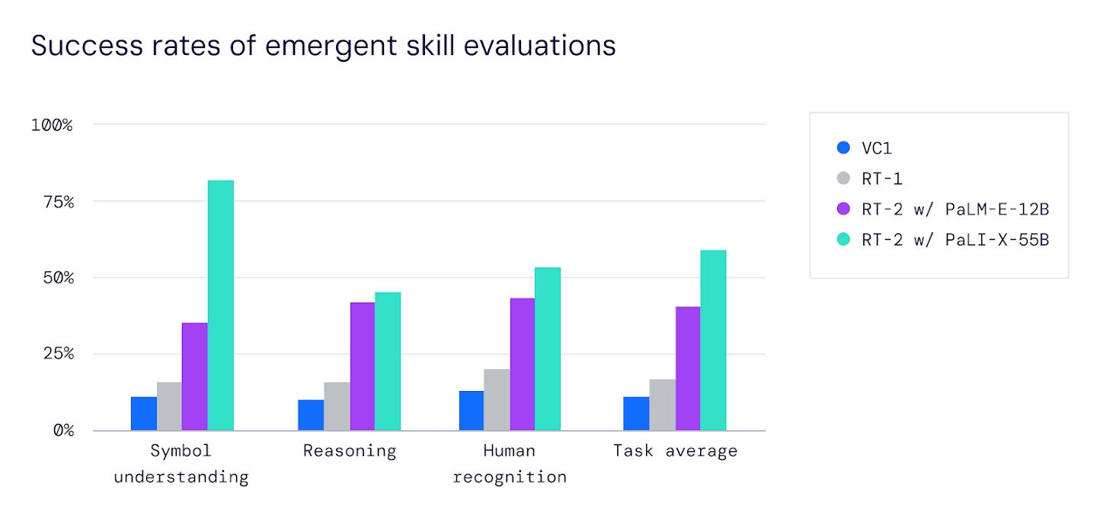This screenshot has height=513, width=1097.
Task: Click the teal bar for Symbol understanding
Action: (221, 305)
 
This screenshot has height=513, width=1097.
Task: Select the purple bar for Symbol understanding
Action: (194, 377)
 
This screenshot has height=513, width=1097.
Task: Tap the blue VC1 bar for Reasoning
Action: (311, 415)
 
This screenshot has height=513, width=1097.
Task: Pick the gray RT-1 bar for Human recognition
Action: (497, 399)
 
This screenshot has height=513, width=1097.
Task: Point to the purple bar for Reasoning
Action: (363, 366)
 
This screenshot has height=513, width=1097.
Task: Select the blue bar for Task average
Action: (636, 413)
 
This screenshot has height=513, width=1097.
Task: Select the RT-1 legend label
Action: (882, 178)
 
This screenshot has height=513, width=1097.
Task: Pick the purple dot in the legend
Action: (843, 209)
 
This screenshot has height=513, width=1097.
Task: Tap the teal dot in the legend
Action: (843, 239)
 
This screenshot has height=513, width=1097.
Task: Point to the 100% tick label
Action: (52, 125)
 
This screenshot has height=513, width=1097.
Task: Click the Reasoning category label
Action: (350, 450)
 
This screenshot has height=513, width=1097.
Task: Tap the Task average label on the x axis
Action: (675, 450)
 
